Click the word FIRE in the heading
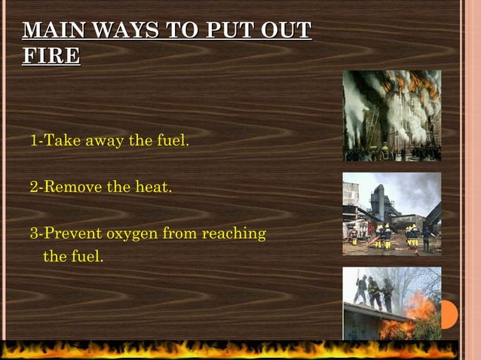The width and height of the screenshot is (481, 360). (51, 56)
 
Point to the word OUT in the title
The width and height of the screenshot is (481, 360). (287, 31)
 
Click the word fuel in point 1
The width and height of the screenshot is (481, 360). (173, 141)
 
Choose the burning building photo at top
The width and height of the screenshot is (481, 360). (391, 115)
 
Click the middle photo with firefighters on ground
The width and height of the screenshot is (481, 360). (391, 213)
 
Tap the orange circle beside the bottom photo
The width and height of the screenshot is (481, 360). (449, 314)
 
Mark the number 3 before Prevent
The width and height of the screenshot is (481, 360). (34, 233)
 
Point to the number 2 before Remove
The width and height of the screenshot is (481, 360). (34, 187)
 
